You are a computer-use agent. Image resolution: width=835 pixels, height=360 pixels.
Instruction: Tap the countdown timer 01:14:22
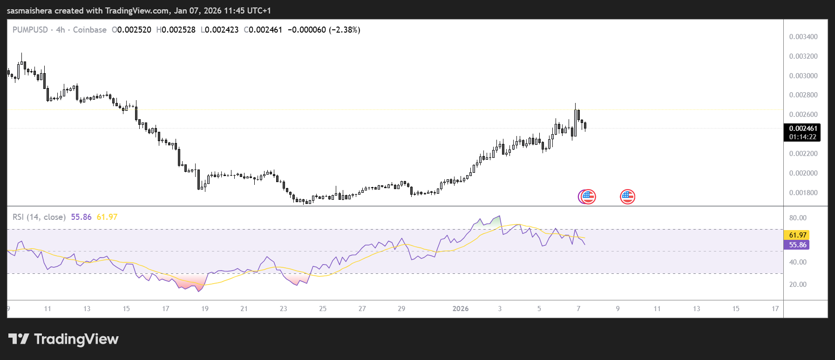point(802,137)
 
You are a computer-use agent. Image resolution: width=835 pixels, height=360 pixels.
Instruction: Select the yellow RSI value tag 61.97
point(797,235)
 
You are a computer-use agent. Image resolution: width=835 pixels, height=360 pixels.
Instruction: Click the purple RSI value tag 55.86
point(797,245)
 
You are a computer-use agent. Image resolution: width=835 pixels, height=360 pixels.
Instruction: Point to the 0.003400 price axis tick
point(803,37)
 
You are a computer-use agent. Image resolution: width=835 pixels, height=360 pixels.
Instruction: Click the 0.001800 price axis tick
point(803,193)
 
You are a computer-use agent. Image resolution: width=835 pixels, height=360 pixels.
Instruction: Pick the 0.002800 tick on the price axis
point(803,95)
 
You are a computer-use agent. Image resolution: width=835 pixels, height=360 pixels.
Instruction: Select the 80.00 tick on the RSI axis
point(797,218)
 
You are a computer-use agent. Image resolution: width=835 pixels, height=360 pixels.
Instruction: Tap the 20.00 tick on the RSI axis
point(797,285)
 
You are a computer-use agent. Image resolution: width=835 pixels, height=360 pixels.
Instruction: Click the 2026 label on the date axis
point(460,309)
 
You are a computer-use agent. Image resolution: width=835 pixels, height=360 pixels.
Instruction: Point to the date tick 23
point(283,309)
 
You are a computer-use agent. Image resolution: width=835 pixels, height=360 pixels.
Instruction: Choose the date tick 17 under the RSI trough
point(165,309)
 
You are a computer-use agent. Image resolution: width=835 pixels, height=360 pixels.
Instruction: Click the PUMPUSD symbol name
point(30,30)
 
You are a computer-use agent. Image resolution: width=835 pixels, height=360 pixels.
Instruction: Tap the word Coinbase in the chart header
point(89,30)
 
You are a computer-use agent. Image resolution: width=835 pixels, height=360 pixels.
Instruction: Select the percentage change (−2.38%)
point(344,30)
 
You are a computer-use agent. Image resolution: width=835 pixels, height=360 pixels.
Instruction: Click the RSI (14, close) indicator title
point(39,217)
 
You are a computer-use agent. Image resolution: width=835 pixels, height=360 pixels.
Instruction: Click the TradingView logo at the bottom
point(63,339)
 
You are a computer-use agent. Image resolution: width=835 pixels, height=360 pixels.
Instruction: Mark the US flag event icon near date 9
point(627,197)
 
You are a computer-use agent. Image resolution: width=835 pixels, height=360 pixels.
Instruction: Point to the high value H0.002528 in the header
point(176,30)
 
